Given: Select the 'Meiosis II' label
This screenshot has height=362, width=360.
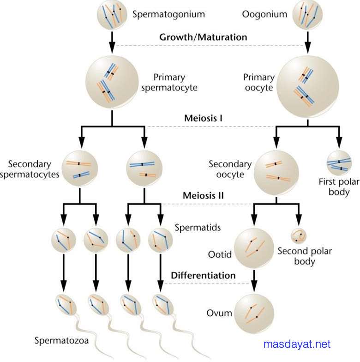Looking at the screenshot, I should coord(203,195).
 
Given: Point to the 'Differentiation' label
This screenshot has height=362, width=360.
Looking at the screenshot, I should coord(203,276).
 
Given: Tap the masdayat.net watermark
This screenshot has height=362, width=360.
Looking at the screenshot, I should coord(297,344).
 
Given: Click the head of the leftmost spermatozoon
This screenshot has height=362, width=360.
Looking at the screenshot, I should coord(66,304).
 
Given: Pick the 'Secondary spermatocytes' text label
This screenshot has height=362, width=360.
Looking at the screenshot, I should coord(36,169).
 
